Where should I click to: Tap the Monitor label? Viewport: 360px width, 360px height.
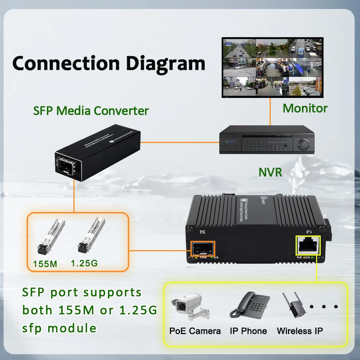305,108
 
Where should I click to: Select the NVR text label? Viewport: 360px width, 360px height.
270,172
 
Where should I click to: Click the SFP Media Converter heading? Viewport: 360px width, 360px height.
91,111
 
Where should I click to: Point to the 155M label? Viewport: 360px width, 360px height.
45,264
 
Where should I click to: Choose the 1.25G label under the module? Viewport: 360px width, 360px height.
84,263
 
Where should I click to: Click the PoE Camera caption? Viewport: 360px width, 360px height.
195,331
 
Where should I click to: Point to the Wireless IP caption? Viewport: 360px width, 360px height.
300,331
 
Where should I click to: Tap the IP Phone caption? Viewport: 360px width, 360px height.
248,331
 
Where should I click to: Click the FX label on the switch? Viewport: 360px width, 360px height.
202,232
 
